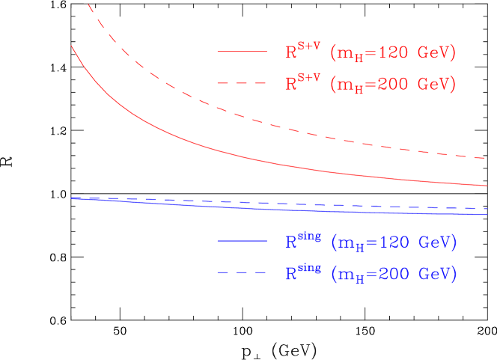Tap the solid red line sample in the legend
point(242,52)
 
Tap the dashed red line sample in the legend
point(242,83)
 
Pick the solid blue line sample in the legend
point(242,242)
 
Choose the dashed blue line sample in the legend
point(242,273)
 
